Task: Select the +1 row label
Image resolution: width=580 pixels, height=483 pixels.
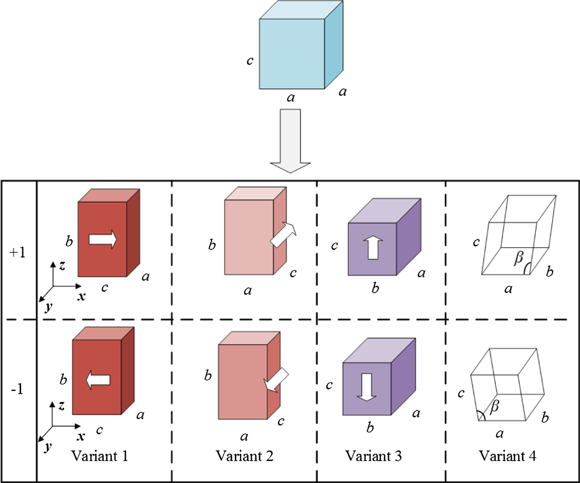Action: (x=18, y=253)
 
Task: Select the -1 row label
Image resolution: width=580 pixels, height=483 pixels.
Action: (x=17, y=389)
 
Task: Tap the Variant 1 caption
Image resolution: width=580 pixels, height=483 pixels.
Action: (x=100, y=456)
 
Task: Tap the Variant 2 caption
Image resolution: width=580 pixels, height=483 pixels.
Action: (x=244, y=456)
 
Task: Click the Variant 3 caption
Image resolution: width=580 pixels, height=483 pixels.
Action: (x=373, y=456)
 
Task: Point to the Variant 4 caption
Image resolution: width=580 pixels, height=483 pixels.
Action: (x=507, y=456)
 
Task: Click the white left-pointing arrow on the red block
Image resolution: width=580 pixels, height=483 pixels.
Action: (x=98, y=380)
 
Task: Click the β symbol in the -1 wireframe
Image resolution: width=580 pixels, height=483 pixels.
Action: (x=495, y=406)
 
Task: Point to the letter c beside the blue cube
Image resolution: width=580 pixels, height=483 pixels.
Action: (x=250, y=61)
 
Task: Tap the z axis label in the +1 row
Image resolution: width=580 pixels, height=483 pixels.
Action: (x=62, y=265)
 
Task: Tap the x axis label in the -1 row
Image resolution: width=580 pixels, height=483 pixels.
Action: (x=81, y=436)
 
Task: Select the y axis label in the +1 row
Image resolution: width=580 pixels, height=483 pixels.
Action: (x=49, y=307)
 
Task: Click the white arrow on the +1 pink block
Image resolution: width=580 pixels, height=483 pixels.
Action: (x=283, y=234)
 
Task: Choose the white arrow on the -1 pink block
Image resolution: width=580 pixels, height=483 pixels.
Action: (x=276, y=379)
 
